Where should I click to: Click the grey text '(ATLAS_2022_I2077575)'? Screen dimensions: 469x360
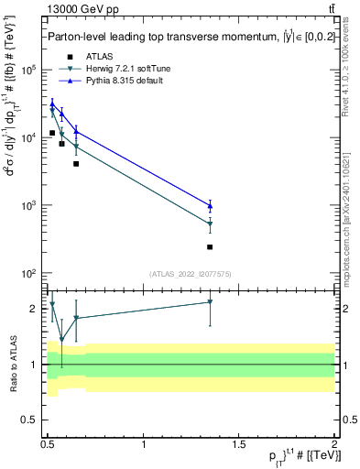tap(191, 274)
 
